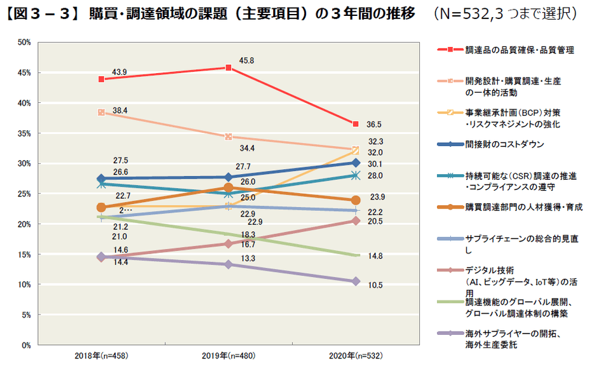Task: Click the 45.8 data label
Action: click(247, 61)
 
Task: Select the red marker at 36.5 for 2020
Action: click(356, 123)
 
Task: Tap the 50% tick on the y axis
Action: click(23, 43)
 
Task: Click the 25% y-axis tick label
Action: click(23, 194)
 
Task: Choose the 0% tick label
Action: click(25, 345)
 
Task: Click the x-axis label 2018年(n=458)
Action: click(101, 355)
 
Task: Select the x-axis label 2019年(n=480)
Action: click(229, 355)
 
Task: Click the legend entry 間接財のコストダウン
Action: click(504, 144)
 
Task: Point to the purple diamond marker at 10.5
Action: click(356, 281)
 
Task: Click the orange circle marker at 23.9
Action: click(356, 200)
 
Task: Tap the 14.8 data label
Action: click(375, 256)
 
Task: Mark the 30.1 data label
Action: click(375, 164)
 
